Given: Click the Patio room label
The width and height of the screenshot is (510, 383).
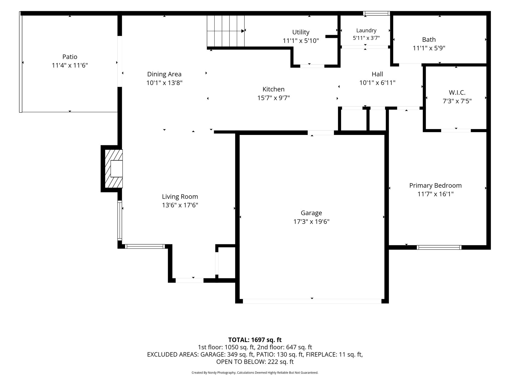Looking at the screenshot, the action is click(x=70, y=57).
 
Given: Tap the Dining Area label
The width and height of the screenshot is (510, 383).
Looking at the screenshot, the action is click(x=164, y=74).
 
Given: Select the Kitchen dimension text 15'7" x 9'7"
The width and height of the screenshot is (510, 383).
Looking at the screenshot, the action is click(x=273, y=98).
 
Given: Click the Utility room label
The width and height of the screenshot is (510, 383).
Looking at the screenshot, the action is click(x=301, y=32).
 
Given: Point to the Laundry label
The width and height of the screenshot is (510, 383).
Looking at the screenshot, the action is click(x=366, y=30).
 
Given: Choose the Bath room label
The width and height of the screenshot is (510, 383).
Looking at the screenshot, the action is click(x=429, y=40).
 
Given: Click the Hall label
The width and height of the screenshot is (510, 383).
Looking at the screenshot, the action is click(x=377, y=74).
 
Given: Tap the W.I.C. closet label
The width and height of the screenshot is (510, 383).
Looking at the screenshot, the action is click(x=457, y=93).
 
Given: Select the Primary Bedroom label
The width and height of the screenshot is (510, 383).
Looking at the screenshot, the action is click(x=435, y=185).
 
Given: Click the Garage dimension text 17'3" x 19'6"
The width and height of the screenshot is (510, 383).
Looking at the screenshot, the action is click(x=311, y=222).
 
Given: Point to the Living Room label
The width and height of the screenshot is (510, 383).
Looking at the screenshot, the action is click(x=180, y=197).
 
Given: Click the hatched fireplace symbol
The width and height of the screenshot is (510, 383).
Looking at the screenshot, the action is click(x=113, y=169).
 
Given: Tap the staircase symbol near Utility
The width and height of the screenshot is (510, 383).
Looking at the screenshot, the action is click(x=226, y=31).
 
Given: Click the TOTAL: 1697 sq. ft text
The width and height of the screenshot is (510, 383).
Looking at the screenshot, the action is click(x=255, y=340).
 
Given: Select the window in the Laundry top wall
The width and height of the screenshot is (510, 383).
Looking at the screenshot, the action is click(x=376, y=13).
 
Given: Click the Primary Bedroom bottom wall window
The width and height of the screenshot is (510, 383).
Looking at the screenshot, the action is click(x=439, y=247).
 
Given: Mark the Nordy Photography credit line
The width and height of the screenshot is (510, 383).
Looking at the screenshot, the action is click(x=255, y=373).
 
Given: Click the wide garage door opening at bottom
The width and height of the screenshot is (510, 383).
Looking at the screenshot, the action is click(x=312, y=301).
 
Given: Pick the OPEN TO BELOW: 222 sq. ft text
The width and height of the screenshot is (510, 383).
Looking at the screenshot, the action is click(x=255, y=362).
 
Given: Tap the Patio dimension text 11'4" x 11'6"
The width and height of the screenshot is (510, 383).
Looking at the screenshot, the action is click(x=70, y=65).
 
